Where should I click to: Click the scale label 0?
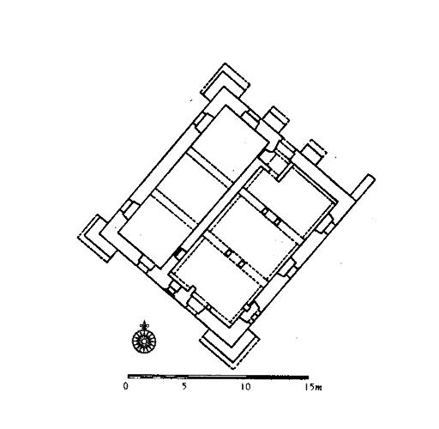tap(126, 386)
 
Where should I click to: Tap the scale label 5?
tap(184, 386)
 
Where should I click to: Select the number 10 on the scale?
tap(245, 387)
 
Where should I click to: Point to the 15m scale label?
tap(313, 387)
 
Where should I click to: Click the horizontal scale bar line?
tap(218, 377)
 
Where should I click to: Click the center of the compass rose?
tap(144, 341)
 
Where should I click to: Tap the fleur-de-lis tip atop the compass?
tap(144, 321)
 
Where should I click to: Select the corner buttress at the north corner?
tap(226, 82)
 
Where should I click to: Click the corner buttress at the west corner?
tap(96, 238)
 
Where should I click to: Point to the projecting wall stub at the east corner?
tap(363, 187)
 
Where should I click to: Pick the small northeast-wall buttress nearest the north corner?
tap(276, 118)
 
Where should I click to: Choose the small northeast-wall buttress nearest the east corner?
tap(315, 152)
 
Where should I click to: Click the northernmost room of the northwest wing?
tap(230, 139)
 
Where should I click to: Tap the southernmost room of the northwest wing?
tap(156, 230)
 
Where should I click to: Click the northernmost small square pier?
tap(265, 212)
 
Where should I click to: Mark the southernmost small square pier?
tap(242, 264)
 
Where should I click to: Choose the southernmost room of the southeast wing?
tap(217, 281)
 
